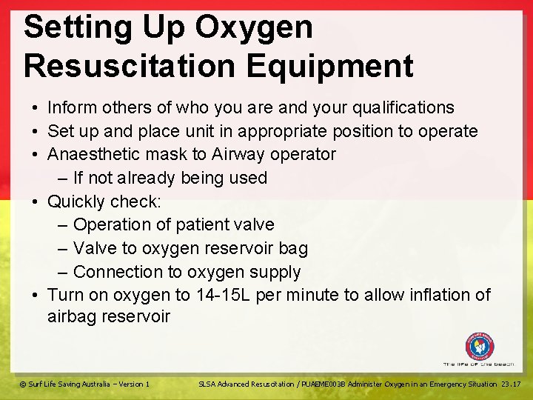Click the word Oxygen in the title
[x=254, y=28]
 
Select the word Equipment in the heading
[x=330, y=66]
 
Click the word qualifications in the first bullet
[x=399, y=107]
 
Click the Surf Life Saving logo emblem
[x=480, y=347]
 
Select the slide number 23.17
[x=511, y=384]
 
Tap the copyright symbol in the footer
[x=22, y=384]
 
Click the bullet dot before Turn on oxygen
[x=36, y=295]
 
